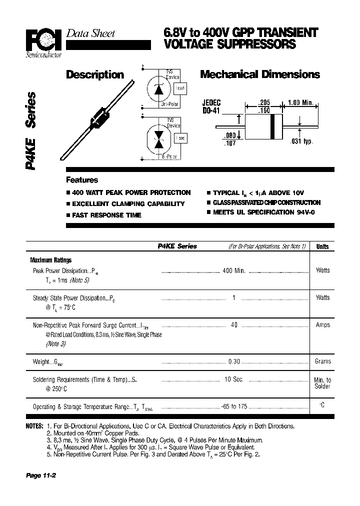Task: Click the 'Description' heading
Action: click(95, 74)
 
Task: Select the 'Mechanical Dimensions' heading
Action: click(259, 74)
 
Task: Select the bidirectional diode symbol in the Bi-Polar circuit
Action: click(159, 138)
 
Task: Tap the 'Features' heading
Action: click(82, 180)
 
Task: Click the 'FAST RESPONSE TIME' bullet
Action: click(106, 215)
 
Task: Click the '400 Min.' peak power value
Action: click(233, 270)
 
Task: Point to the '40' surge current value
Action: click(233, 324)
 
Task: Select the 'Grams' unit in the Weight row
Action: click(323, 361)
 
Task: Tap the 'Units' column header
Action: click(322, 246)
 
